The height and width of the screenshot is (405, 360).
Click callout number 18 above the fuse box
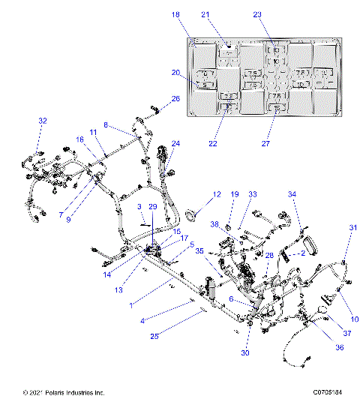[175, 15]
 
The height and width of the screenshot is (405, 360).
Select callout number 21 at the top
[226, 15]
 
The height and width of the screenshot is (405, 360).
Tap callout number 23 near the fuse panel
[277, 15]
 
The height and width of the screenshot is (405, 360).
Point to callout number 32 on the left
[42, 121]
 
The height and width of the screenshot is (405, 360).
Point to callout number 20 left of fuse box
[175, 73]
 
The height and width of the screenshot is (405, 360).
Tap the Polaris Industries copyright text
[63, 392]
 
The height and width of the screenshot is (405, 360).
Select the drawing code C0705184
[328, 392]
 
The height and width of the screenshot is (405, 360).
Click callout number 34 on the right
[292, 194]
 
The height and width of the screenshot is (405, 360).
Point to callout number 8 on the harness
[106, 124]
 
